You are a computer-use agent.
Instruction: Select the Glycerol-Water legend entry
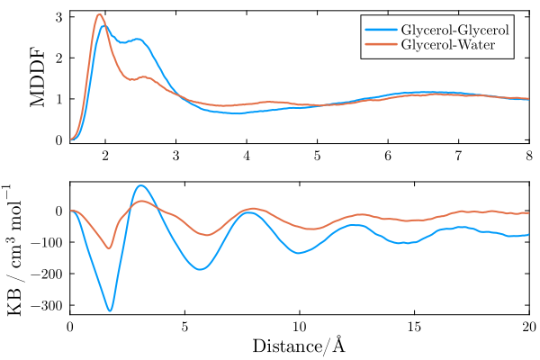coord(447,45)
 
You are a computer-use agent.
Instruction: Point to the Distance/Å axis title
coord(299,346)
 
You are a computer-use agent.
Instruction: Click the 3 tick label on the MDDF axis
coord(58,17)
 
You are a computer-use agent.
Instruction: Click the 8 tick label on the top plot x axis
coord(529,157)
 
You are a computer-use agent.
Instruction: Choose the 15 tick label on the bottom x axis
coord(414,328)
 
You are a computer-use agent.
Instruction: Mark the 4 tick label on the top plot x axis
coord(247,157)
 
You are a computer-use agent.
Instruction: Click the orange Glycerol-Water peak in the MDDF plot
coord(100,14)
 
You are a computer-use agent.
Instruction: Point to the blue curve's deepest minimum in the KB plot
coord(110,310)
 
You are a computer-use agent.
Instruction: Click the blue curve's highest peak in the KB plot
coord(140,185)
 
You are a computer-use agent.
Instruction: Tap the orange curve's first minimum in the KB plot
coord(109,248)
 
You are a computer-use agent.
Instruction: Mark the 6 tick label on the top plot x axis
coord(388,157)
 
